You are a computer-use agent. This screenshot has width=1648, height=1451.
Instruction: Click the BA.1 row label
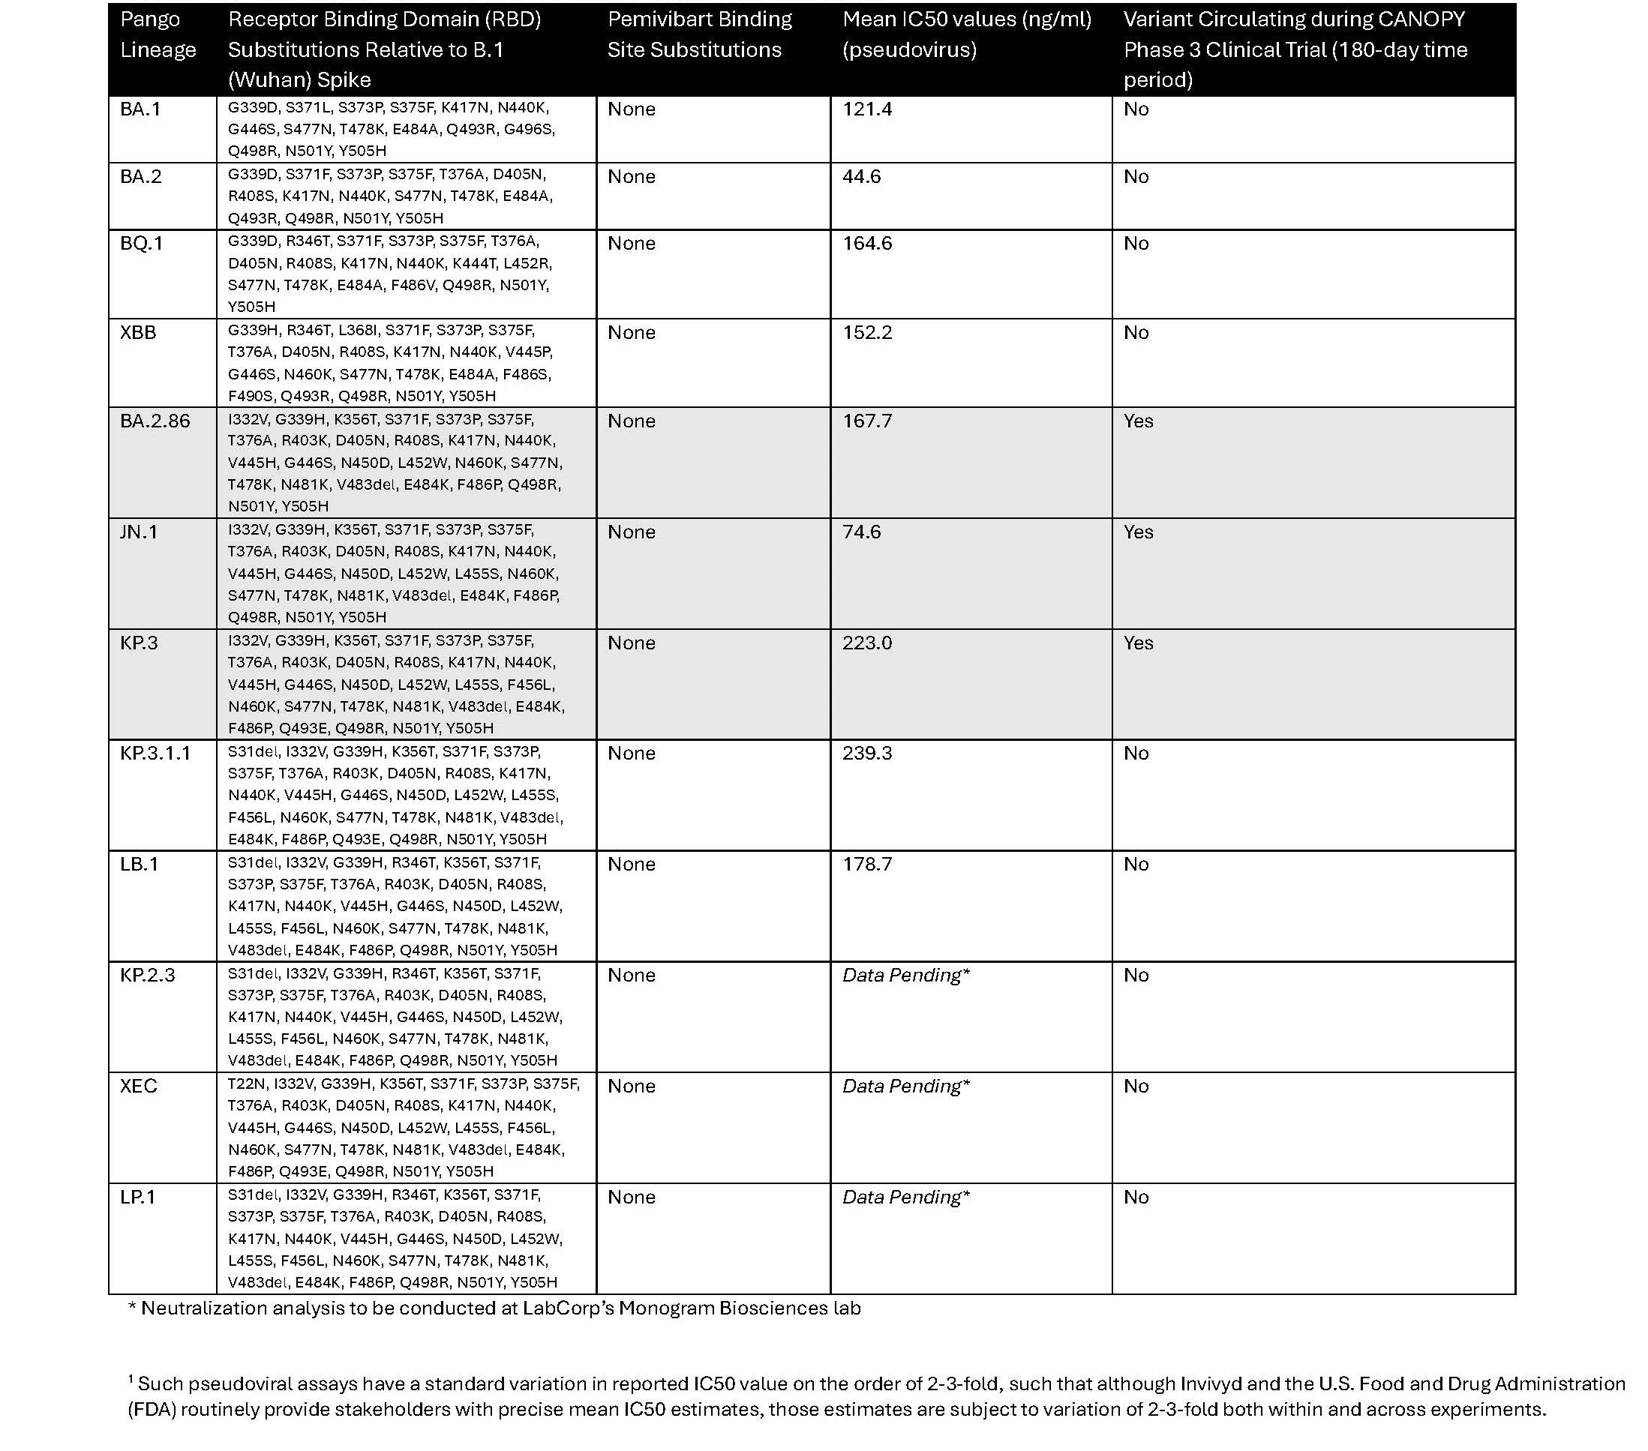tap(140, 109)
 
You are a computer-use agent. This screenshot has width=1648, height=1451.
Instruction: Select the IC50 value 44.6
tap(861, 176)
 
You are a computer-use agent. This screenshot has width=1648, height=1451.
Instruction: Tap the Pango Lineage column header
tap(158, 34)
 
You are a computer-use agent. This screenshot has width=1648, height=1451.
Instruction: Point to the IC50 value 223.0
tap(866, 643)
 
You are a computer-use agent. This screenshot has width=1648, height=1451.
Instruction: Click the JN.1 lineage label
tap(139, 532)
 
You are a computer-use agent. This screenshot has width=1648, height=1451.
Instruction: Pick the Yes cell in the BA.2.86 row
tap(1138, 421)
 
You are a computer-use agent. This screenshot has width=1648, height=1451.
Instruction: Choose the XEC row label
tap(139, 1086)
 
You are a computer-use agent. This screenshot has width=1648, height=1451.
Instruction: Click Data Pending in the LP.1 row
tap(905, 1197)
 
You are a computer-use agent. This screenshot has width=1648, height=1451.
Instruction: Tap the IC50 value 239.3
tap(866, 753)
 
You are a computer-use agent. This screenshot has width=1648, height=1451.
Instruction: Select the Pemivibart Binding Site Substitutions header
tap(699, 34)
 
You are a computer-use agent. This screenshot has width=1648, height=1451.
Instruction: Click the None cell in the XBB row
tap(632, 332)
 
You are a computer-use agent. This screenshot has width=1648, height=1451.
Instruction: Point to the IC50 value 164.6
tap(866, 244)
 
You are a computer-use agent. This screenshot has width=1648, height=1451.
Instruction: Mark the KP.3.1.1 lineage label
tap(155, 753)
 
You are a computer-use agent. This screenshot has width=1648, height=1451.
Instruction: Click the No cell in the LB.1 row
tap(1135, 864)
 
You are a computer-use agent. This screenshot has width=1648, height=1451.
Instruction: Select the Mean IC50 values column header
tap(967, 34)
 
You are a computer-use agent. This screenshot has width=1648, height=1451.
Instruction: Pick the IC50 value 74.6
tap(861, 532)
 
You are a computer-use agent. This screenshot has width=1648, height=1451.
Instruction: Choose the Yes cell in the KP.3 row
tap(1138, 643)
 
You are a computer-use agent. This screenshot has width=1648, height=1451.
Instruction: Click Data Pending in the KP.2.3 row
tap(905, 976)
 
